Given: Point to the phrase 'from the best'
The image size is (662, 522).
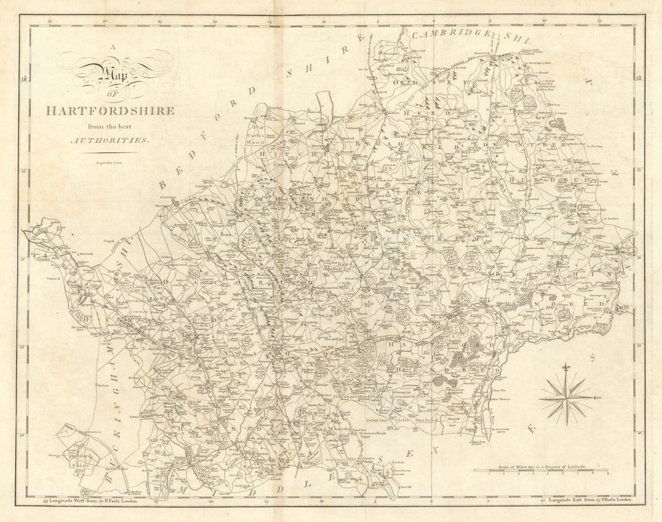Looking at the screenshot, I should point(109,126).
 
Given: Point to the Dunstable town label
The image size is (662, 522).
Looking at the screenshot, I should point(165,197).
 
